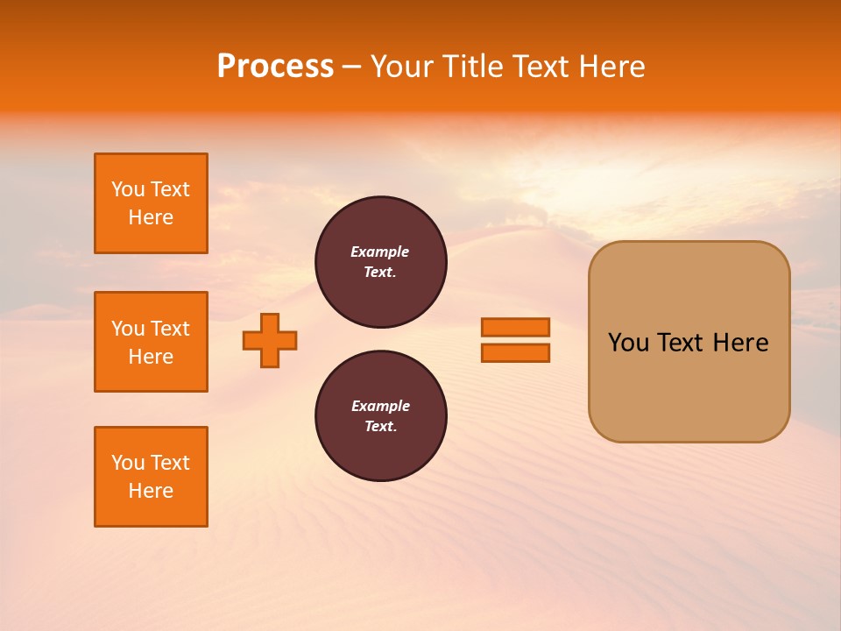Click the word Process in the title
click(x=275, y=67)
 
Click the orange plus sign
click(x=270, y=340)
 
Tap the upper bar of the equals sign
click(x=515, y=327)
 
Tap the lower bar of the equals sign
click(x=515, y=352)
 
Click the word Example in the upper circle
click(x=379, y=252)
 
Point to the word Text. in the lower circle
click(x=380, y=426)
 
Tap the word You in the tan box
click(x=628, y=343)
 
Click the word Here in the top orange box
click(x=151, y=217)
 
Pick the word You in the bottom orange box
click(x=128, y=463)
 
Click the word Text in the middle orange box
click(x=170, y=329)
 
